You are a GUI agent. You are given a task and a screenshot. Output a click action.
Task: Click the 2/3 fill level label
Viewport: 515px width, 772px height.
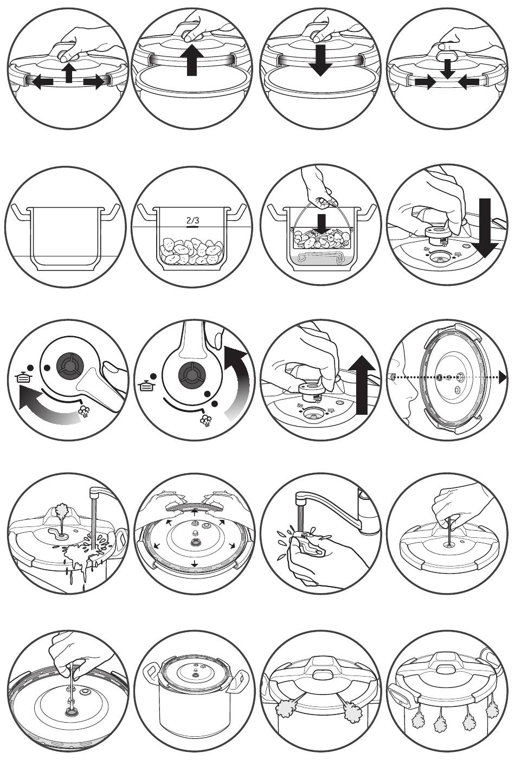click(193, 220)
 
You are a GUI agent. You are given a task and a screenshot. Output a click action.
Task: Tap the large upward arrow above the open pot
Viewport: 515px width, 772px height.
click(192, 60)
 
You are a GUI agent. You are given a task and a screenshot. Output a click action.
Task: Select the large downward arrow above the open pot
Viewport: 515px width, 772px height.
click(320, 60)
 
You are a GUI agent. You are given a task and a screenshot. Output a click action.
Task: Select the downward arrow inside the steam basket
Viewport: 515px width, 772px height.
click(323, 224)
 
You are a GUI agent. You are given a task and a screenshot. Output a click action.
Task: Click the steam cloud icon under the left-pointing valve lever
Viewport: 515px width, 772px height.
click(84, 411)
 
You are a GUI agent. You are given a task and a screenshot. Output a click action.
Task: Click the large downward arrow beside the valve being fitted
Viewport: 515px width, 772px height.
click(485, 228)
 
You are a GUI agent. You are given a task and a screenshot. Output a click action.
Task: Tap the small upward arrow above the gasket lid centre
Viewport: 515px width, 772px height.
click(195, 511)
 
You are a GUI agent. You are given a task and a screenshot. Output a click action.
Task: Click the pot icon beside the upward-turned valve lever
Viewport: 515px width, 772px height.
click(144, 387)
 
